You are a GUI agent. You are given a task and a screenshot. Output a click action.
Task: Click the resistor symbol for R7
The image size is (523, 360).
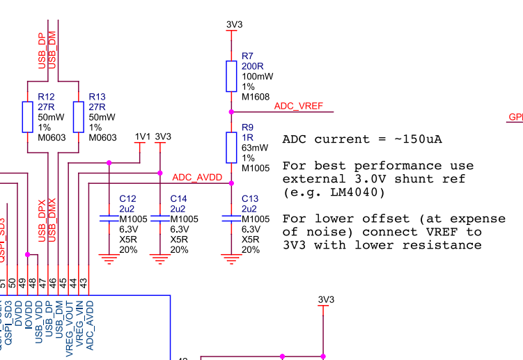231,75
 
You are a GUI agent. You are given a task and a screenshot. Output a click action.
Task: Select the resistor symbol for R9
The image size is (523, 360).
231,148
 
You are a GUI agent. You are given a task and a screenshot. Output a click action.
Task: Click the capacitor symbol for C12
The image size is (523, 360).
109,219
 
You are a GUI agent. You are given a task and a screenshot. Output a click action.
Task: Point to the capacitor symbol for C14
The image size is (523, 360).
160,219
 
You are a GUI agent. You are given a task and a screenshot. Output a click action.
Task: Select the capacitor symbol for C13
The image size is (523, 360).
231,219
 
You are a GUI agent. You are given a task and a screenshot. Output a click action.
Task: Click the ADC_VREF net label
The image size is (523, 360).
299,106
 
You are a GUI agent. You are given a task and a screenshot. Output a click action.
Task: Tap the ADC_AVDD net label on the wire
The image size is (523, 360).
197,178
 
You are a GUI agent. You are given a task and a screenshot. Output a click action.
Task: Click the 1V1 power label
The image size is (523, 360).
142,136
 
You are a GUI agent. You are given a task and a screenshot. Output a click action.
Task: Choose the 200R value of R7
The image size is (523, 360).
251,66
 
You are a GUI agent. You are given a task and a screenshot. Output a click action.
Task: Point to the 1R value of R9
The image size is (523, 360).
247,138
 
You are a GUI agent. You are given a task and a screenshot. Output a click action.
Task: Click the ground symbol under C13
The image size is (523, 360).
231,260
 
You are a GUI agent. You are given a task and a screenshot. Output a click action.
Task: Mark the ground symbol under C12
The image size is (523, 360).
109,260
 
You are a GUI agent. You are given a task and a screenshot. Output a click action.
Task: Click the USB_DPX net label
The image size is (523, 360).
42,220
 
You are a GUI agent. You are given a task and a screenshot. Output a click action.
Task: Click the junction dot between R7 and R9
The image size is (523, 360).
231,111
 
